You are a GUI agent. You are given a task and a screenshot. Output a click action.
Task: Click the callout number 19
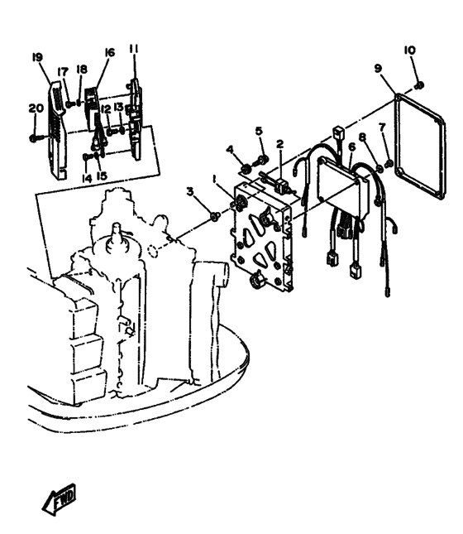(37, 57)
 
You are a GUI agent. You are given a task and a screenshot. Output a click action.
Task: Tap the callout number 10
(409, 51)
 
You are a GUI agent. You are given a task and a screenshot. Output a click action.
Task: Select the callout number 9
(378, 69)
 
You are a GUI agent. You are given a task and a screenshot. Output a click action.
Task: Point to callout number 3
(190, 192)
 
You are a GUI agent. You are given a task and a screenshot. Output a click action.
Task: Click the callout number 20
(36, 108)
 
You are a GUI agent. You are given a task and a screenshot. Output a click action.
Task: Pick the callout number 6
(351, 147)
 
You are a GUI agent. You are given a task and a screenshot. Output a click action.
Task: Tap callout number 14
(87, 178)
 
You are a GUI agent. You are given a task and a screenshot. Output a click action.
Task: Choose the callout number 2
(279, 144)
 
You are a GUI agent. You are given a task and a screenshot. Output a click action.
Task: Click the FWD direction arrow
(59, 499)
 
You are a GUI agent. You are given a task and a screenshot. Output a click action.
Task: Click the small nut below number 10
(419, 85)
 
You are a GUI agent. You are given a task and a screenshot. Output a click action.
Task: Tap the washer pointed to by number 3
(214, 216)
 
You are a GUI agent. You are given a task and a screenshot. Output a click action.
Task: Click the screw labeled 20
(36, 138)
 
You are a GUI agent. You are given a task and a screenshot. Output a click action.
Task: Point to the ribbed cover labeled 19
(57, 131)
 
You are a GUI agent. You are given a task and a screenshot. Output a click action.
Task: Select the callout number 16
(109, 52)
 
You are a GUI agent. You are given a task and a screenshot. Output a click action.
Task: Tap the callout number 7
(382, 127)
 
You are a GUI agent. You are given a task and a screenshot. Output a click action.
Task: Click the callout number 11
(134, 49)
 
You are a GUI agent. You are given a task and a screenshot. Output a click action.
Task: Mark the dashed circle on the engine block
(153, 250)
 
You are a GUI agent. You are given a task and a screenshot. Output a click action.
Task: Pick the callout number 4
(231, 149)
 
